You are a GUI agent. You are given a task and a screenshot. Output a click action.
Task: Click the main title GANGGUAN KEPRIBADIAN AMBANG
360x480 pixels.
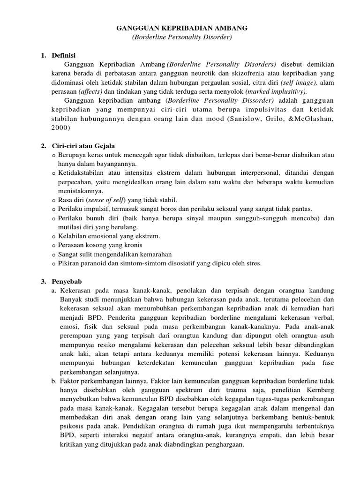coord(182,29)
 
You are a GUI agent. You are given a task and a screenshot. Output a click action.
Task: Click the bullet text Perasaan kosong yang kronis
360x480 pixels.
coord(100,245)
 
